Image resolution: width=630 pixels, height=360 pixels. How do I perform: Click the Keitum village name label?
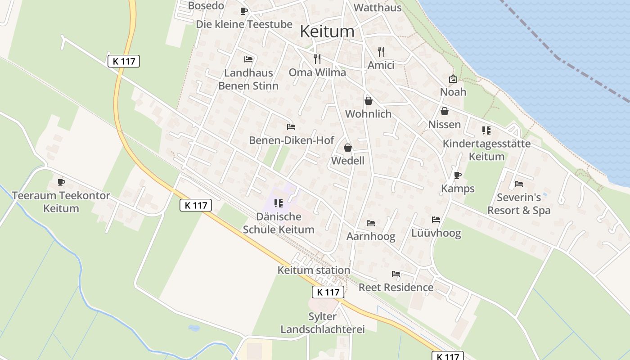point(327,31)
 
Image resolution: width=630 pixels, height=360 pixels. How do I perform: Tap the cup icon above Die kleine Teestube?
point(244,11)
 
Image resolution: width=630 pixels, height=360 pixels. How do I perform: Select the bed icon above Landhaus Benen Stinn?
point(248,59)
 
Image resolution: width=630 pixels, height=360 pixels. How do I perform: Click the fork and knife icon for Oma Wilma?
point(317,58)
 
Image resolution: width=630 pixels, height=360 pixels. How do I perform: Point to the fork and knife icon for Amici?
point(381,51)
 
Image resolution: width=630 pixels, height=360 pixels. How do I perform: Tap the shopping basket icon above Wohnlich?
point(368,100)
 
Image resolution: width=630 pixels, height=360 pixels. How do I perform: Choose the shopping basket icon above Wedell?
point(347,147)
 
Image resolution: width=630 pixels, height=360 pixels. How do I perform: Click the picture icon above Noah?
point(453,79)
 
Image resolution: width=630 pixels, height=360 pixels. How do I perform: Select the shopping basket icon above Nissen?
point(445,111)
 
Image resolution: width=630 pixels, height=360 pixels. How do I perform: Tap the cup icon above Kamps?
point(458,175)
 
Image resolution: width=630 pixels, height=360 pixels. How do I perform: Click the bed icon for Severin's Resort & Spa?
point(519,184)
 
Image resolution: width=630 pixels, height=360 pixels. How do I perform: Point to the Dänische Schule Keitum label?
point(279,223)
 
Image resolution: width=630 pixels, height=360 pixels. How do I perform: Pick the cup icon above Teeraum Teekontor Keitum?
point(61,182)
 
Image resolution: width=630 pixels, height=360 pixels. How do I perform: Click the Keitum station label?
point(314,270)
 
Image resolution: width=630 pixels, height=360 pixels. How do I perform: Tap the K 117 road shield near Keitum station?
point(328,292)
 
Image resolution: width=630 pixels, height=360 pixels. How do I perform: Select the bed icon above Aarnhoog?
point(371,223)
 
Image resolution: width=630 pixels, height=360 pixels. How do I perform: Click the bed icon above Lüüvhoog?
point(436,220)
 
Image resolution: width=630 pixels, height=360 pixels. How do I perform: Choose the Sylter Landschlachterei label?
point(323,323)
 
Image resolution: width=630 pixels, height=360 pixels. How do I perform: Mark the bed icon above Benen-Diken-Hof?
point(291,127)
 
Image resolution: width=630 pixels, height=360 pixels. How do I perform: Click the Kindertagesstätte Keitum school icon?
point(486,130)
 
